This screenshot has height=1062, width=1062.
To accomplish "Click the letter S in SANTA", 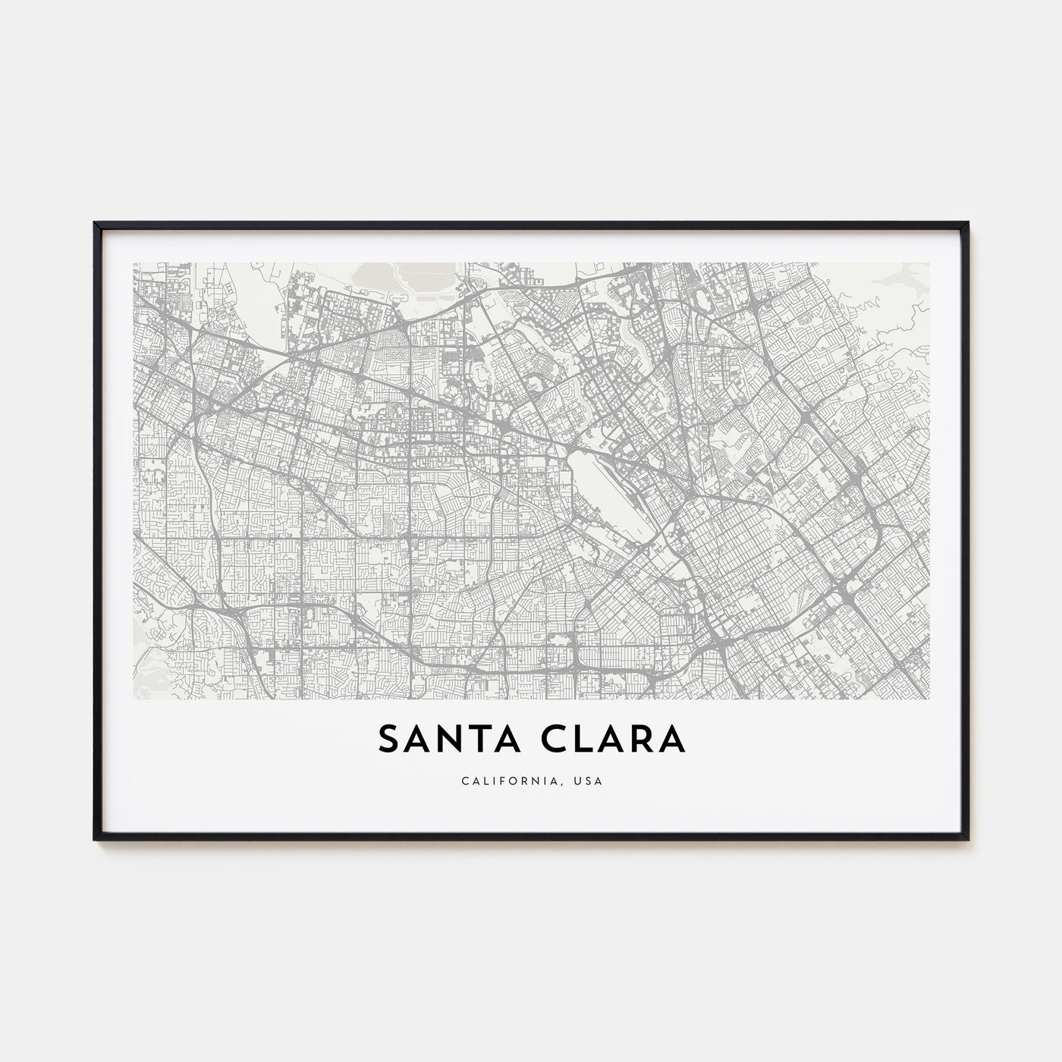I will pos(387,740).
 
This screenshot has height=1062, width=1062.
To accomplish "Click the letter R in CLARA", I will pos(641,740).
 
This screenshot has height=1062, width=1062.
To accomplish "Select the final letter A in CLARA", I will pos(673,740).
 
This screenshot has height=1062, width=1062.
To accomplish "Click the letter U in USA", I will pos(580,781).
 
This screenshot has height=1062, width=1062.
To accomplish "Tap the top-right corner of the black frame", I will pos(967,223).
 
